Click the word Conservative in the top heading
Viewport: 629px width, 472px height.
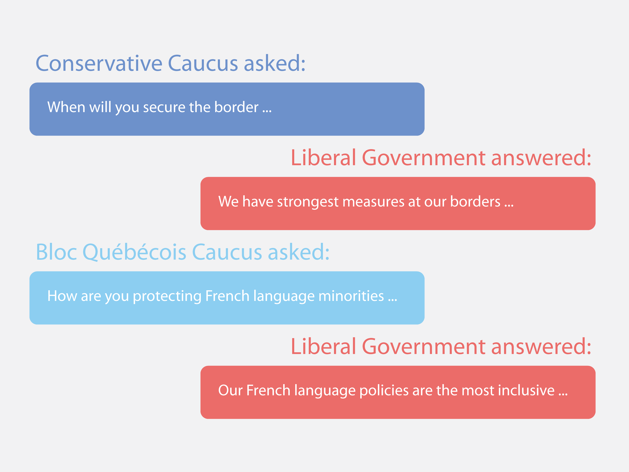(x=99, y=63)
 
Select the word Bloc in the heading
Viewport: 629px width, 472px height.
(x=56, y=252)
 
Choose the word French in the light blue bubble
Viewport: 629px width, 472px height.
(x=227, y=296)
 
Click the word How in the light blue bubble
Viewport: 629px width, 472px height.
(x=62, y=296)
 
